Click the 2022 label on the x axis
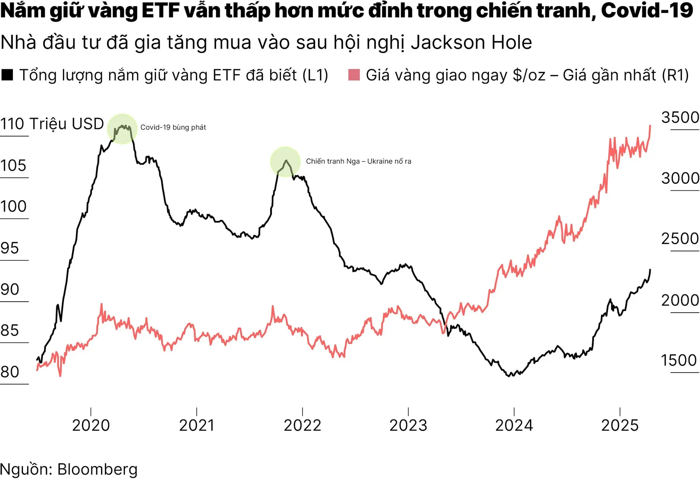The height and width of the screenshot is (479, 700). coord(302,425)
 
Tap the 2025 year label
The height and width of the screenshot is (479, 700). coord(620,425)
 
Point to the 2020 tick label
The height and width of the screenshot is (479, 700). coord(91,425)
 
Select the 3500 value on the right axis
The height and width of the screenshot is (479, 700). coord(680,118)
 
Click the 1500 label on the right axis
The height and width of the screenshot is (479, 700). coord(679,360)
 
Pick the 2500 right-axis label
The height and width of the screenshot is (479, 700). coord(680,239)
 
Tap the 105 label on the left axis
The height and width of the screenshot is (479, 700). coord(13,166)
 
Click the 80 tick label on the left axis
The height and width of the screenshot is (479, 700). coord(10,372)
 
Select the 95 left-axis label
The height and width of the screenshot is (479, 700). coord(9,248)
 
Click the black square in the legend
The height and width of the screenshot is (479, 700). coord(7,75)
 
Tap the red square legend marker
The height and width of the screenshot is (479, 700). coord(354,75)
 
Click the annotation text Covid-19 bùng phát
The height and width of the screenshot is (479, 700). coord(173,127)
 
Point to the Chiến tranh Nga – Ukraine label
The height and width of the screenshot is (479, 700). coord(358,161)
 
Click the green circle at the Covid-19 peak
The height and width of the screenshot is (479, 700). coord(122,129)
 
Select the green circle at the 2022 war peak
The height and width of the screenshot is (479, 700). coord(285,162)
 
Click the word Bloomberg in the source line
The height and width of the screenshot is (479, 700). coord(97,470)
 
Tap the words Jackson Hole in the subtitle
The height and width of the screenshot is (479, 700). coord(471,42)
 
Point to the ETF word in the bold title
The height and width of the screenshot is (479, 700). coord(160,10)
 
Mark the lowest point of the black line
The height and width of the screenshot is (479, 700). coord(509,376)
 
